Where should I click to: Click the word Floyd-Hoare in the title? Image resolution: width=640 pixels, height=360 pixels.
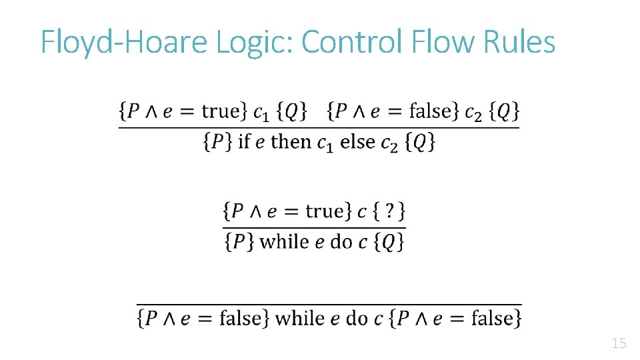[x=125, y=43]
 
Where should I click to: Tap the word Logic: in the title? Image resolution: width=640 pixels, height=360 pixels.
[x=253, y=43]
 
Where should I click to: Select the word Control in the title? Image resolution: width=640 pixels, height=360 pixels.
[x=351, y=41]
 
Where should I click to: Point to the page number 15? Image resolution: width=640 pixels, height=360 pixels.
[x=619, y=344]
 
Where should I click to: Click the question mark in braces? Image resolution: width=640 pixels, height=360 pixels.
[x=389, y=211]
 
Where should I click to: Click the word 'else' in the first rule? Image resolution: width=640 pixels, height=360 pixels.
[x=357, y=141]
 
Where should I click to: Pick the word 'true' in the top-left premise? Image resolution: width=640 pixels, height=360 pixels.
[x=220, y=111]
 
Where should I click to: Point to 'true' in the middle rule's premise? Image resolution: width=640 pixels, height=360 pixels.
[x=324, y=211]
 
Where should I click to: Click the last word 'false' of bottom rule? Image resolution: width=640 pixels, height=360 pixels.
[x=492, y=318]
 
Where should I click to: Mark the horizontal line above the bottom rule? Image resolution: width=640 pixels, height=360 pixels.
[x=329, y=304]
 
